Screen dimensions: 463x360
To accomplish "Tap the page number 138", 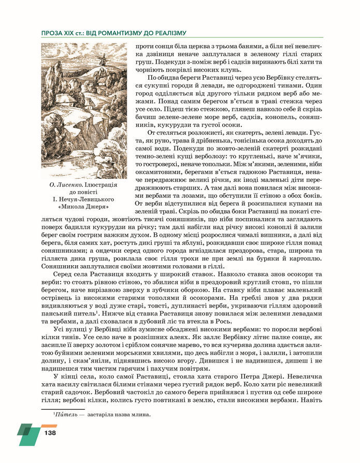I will (x=50, y=432).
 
